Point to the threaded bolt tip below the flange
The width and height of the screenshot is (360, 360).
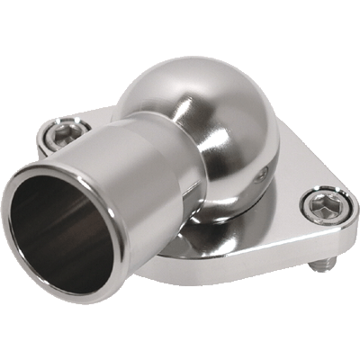point(328,265)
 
